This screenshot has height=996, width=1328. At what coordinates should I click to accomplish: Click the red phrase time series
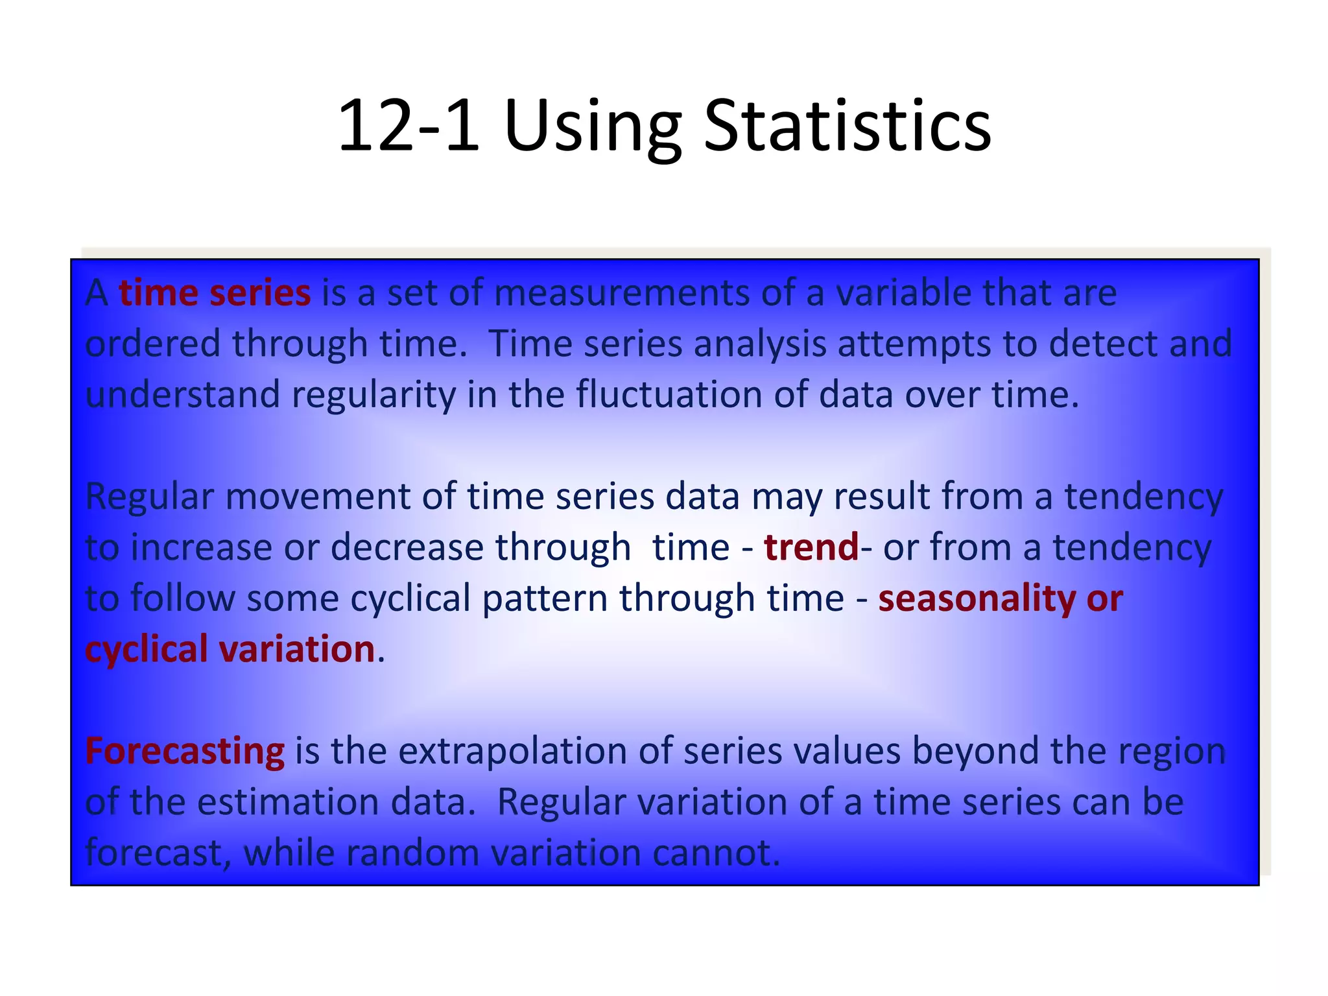click(215, 292)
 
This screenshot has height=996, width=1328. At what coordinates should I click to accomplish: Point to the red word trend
click(811, 547)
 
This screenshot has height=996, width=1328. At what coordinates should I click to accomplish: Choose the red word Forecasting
click(185, 751)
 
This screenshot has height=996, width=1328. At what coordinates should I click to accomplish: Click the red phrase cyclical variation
click(230, 648)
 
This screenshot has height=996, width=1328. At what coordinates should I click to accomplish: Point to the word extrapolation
click(512, 751)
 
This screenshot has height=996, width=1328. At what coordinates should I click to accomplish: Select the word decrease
click(407, 547)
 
